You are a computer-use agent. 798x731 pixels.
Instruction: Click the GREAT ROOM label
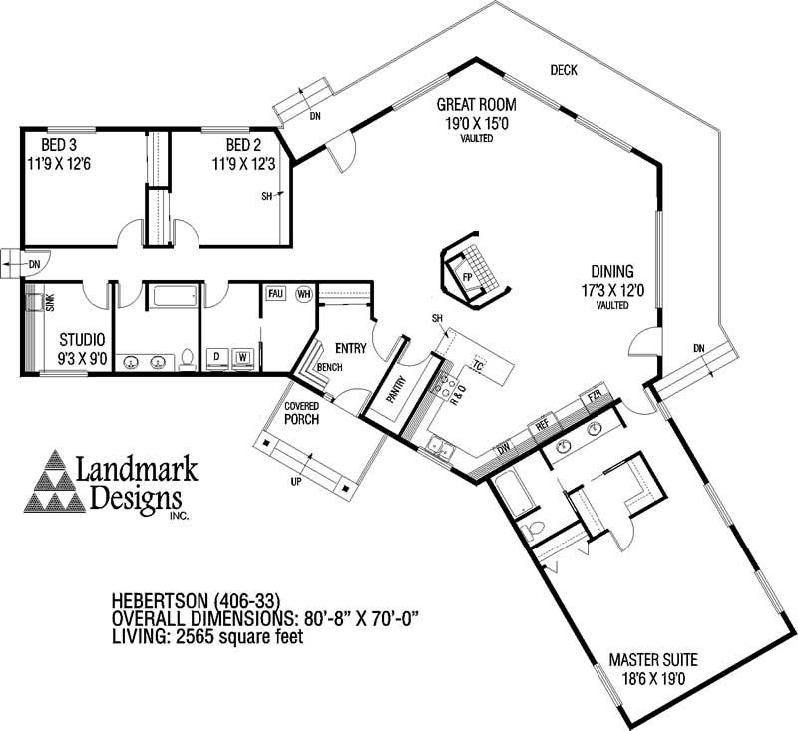coord(474,104)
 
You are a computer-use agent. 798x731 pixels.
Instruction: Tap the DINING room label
coord(612,270)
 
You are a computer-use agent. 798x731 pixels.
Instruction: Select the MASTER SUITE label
coord(653,659)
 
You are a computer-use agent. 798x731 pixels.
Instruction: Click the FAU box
coord(276,294)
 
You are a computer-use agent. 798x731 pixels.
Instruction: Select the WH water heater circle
coord(303,294)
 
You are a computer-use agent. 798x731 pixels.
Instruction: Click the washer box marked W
coord(242,356)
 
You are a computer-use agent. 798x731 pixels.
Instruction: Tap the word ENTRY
coord(351,348)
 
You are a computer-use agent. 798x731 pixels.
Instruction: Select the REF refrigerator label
coord(543,423)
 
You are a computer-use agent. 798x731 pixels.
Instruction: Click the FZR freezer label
coord(594,397)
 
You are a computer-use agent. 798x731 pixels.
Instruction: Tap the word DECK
coord(564,69)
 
